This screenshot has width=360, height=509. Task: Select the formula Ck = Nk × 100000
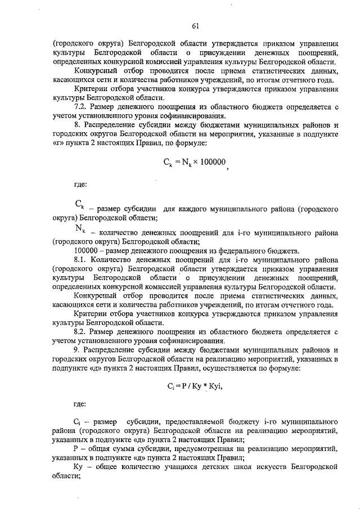click(194, 162)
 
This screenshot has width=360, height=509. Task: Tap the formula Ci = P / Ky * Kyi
click(191, 386)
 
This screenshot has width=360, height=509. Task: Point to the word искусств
click(287, 466)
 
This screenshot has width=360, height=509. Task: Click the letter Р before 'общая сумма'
click(76, 448)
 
